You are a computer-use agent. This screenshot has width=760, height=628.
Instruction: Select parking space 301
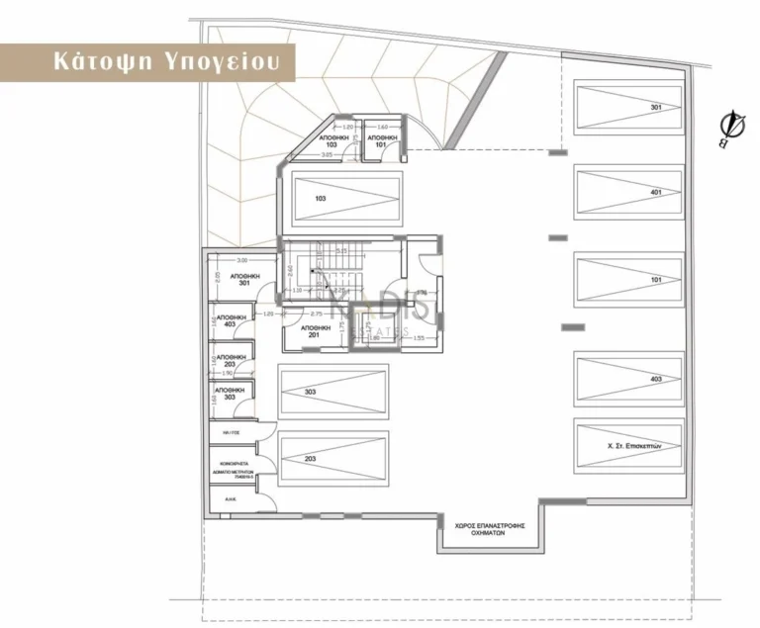627,108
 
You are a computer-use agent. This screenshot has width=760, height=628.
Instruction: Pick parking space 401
627,192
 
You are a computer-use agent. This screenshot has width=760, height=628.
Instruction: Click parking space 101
627,279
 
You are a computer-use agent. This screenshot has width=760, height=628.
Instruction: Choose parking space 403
627,379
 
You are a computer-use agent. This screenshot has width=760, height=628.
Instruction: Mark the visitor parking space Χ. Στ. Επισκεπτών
627,446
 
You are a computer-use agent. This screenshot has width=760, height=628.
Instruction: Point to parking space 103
345,198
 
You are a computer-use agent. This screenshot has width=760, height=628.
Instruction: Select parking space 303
332,393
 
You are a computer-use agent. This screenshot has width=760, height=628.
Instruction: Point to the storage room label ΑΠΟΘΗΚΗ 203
231,361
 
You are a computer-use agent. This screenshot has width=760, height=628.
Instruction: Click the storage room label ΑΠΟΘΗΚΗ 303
231,394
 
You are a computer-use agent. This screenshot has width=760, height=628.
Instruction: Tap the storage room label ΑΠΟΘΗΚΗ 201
314,330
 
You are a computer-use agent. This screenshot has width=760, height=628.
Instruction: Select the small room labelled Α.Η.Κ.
230,500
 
